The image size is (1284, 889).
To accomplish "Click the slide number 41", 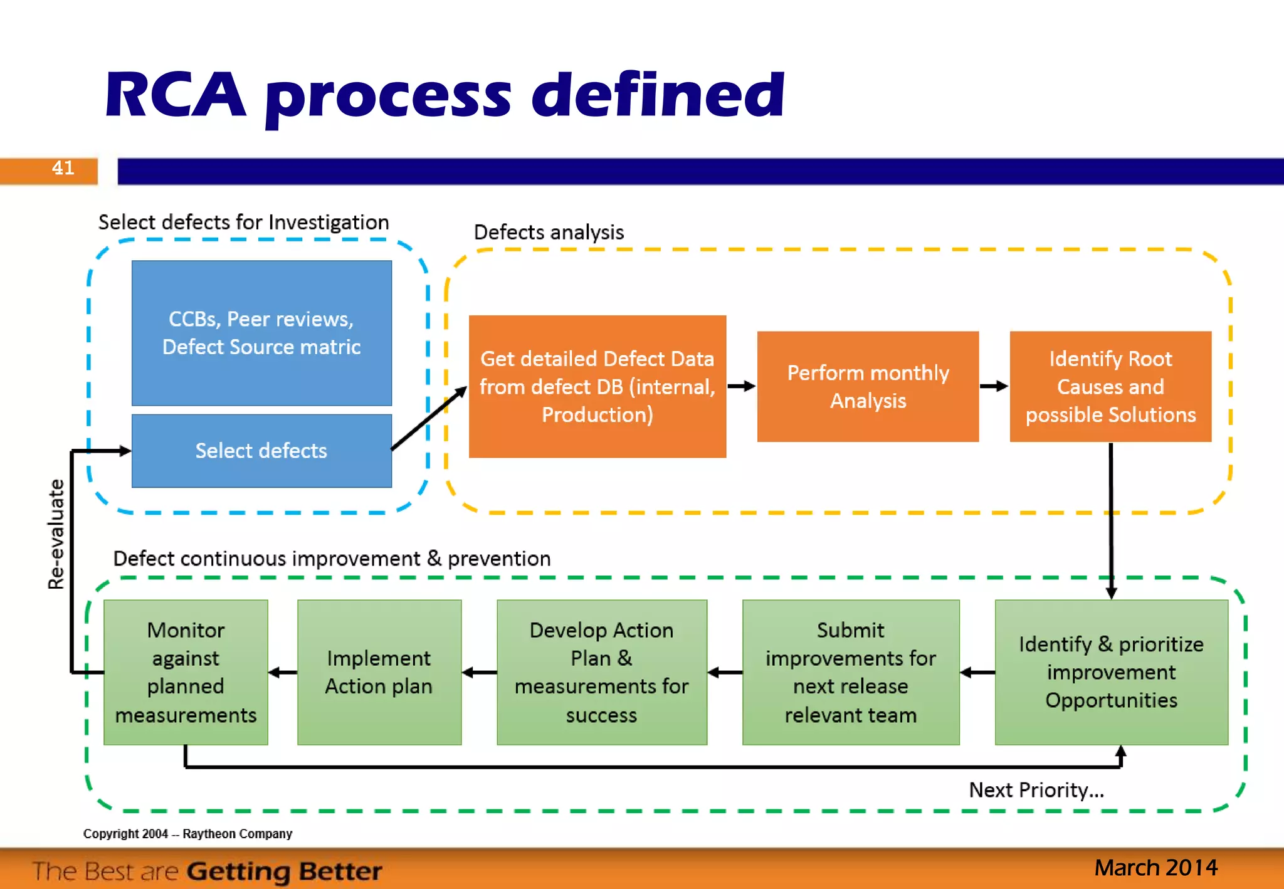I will [x=63, y=168].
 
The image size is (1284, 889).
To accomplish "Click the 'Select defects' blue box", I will [x=261, y=451].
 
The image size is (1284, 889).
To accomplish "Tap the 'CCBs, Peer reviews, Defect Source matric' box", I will [x=261, y=333].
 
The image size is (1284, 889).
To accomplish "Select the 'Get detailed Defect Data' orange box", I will [x=597, y=386].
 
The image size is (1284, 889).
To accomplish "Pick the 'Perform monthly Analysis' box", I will [x=868, y=386].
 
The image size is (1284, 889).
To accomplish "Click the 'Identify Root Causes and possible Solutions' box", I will [x=1110, y=386].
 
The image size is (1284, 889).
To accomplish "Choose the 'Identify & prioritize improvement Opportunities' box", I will [x=1111, y=672].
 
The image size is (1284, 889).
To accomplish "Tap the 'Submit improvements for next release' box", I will [x=850, y=672].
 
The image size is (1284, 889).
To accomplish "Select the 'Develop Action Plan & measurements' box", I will [x=601, y=672].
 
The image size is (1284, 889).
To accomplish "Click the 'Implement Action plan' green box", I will [x=379, y=672].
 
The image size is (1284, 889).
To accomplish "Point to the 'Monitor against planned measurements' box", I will [x=186, y=672].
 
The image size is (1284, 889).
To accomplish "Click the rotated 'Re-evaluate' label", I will [x=56, y=534].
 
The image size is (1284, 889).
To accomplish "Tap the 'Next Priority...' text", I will [x=1036, y=790].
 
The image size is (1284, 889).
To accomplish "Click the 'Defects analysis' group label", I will [x=549, y=233].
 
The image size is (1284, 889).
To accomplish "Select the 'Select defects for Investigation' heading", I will [x=243, y=223].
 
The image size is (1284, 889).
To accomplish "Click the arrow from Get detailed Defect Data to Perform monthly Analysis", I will [x=742, y=386].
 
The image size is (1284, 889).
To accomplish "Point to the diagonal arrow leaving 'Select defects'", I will [x=429, y=418].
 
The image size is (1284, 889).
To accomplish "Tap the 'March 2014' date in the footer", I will [x=1155, y=868].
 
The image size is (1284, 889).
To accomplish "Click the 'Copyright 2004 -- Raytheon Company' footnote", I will [x=187, y=834].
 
